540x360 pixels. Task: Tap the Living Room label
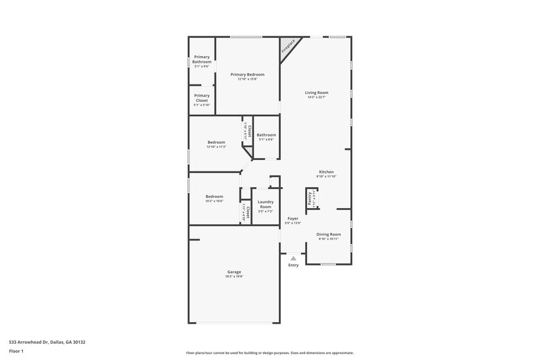tap(317, 93)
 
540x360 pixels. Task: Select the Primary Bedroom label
tap(247, 74)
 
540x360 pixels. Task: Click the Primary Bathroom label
tap(202, 59)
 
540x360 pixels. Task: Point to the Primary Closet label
tap(202, 98)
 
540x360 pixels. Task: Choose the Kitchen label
tap(326, 172)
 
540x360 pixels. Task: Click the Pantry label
tap(310, 198)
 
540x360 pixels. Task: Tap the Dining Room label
tap(329, 234)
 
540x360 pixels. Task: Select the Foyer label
tap(293, 218)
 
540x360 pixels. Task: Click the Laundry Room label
tap(266, 204)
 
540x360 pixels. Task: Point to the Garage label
tap(234, 272)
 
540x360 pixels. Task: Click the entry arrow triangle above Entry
tap(293, 258)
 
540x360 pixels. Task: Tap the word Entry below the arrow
tap(293, 265)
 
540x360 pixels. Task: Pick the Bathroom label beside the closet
tap(266, 135)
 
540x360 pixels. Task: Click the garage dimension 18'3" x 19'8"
tap(234, 276)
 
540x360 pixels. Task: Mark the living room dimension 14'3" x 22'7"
tap(317, 97)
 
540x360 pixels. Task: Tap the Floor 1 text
tap(15, 352)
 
